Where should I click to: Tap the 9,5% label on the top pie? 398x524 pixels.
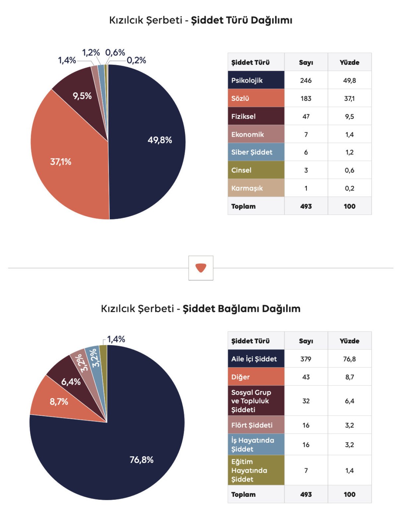pos(82,96)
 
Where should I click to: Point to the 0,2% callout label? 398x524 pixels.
pos(136,60)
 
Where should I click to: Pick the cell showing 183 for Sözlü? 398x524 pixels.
pos(306,99)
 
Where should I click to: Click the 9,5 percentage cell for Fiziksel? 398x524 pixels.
pos(349,116)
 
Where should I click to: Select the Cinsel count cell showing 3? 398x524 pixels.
pos(306,170)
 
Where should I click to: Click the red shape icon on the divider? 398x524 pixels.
pos(201,268)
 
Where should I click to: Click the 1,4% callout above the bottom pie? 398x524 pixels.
pos(116,339)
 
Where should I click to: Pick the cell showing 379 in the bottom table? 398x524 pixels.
pos(306,359)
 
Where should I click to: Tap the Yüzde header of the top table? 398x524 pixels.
pos(349,62)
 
